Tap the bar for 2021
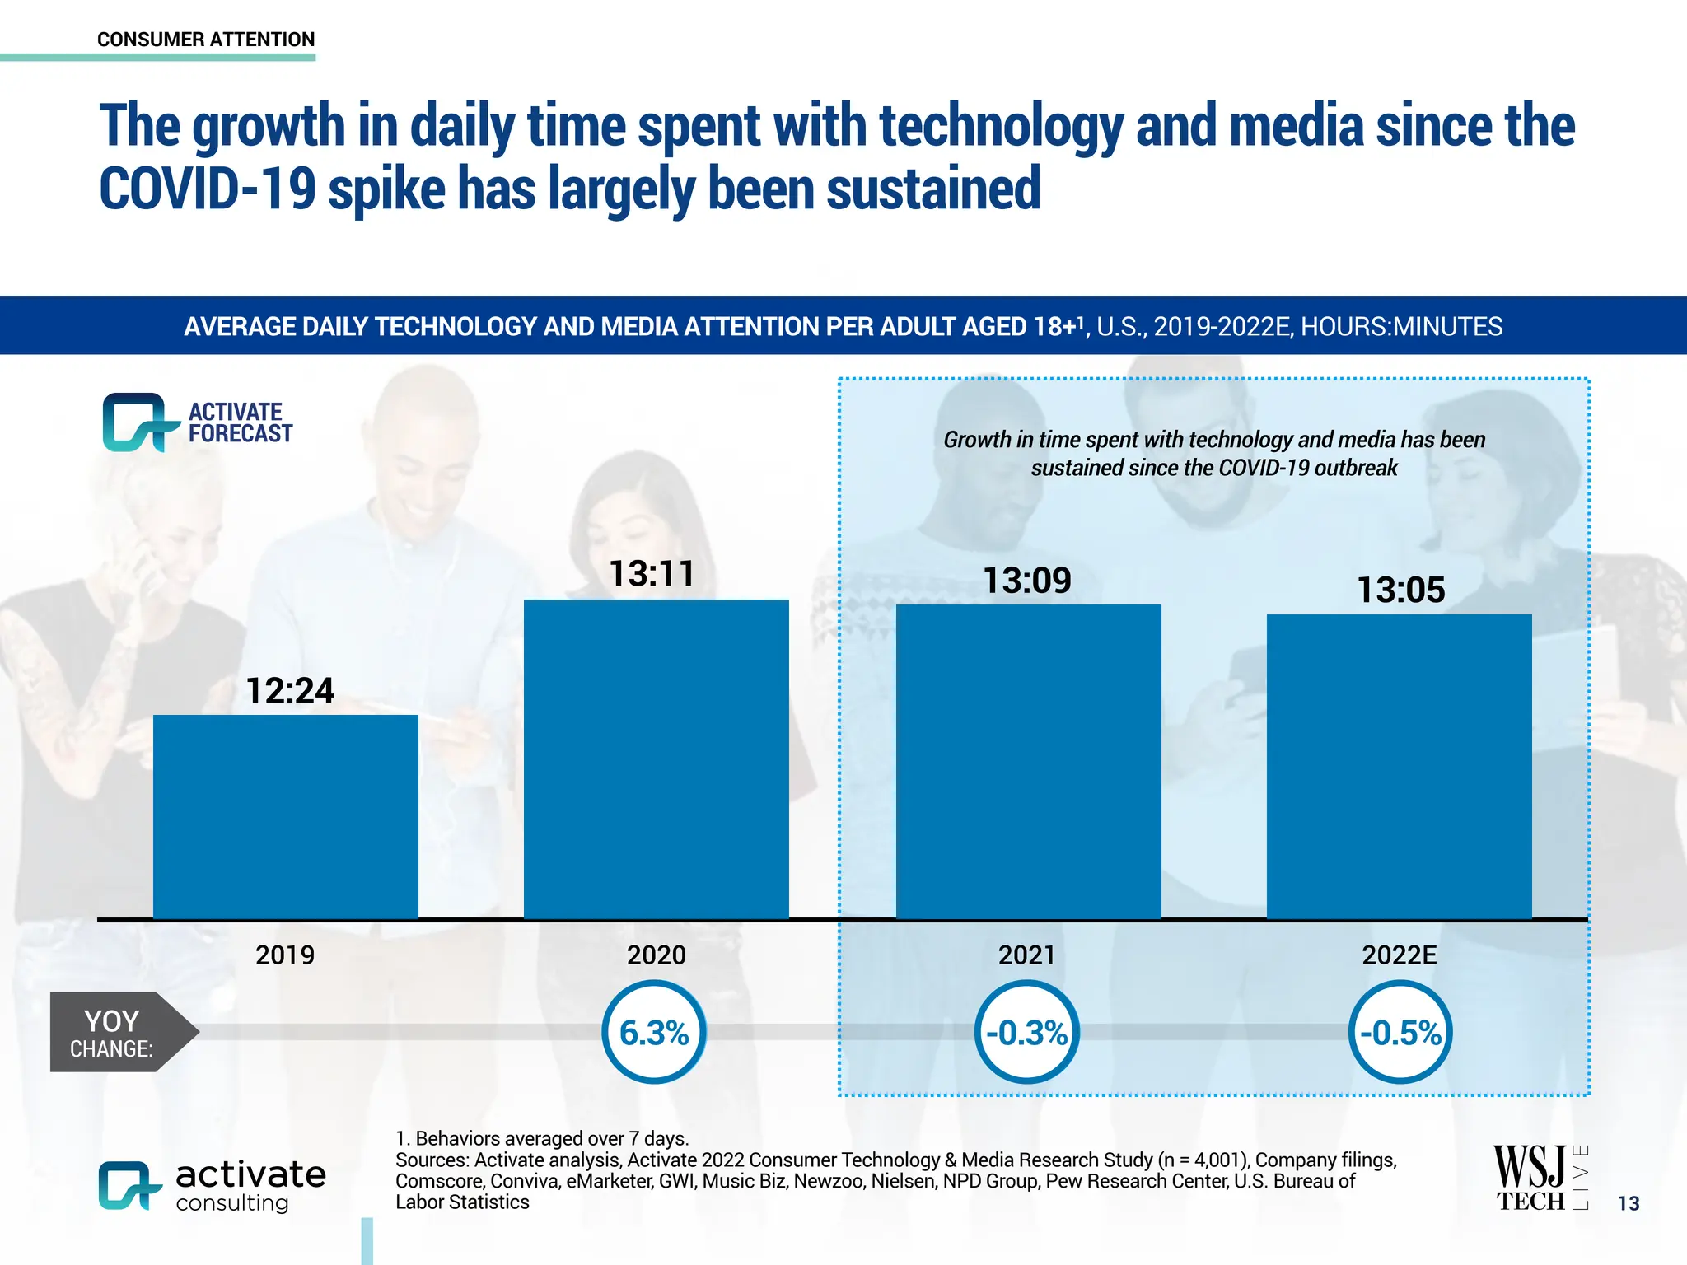[x=1028, y=761]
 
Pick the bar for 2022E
[x=1399, y=766]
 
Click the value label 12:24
[x=290, y=690]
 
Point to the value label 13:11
[x=652, y=573]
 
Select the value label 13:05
[x=1400, y=590]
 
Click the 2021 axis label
[x=1026, y=955]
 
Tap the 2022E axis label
[x=1399, y=955]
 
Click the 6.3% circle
[x=654, y=1032]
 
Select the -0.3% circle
[x=1026, y=1032]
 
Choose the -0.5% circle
[x=1400, y=1032]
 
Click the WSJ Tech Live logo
[x=1539, y=1178]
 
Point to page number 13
[x=1629, y=1203]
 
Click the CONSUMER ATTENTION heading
[x=206, y=40]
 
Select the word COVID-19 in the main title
[x=207, y=189]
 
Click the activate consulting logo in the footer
[x=212, y=1186]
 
